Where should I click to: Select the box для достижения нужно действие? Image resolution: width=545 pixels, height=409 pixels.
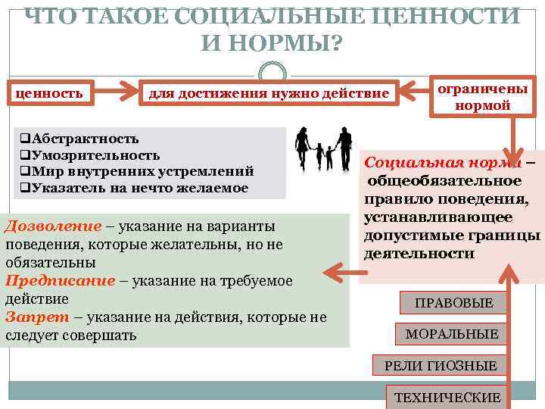(268, 93)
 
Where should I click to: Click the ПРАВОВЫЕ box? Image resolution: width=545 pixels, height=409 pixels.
(453, 303)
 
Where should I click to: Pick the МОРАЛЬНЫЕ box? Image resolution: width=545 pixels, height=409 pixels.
(452, 334)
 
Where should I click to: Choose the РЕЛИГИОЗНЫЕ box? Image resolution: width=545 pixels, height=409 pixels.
(441, 366)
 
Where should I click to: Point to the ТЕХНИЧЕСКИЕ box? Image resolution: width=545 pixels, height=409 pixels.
(447, 397)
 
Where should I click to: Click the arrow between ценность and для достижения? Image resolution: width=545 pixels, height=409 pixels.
(113, 94)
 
